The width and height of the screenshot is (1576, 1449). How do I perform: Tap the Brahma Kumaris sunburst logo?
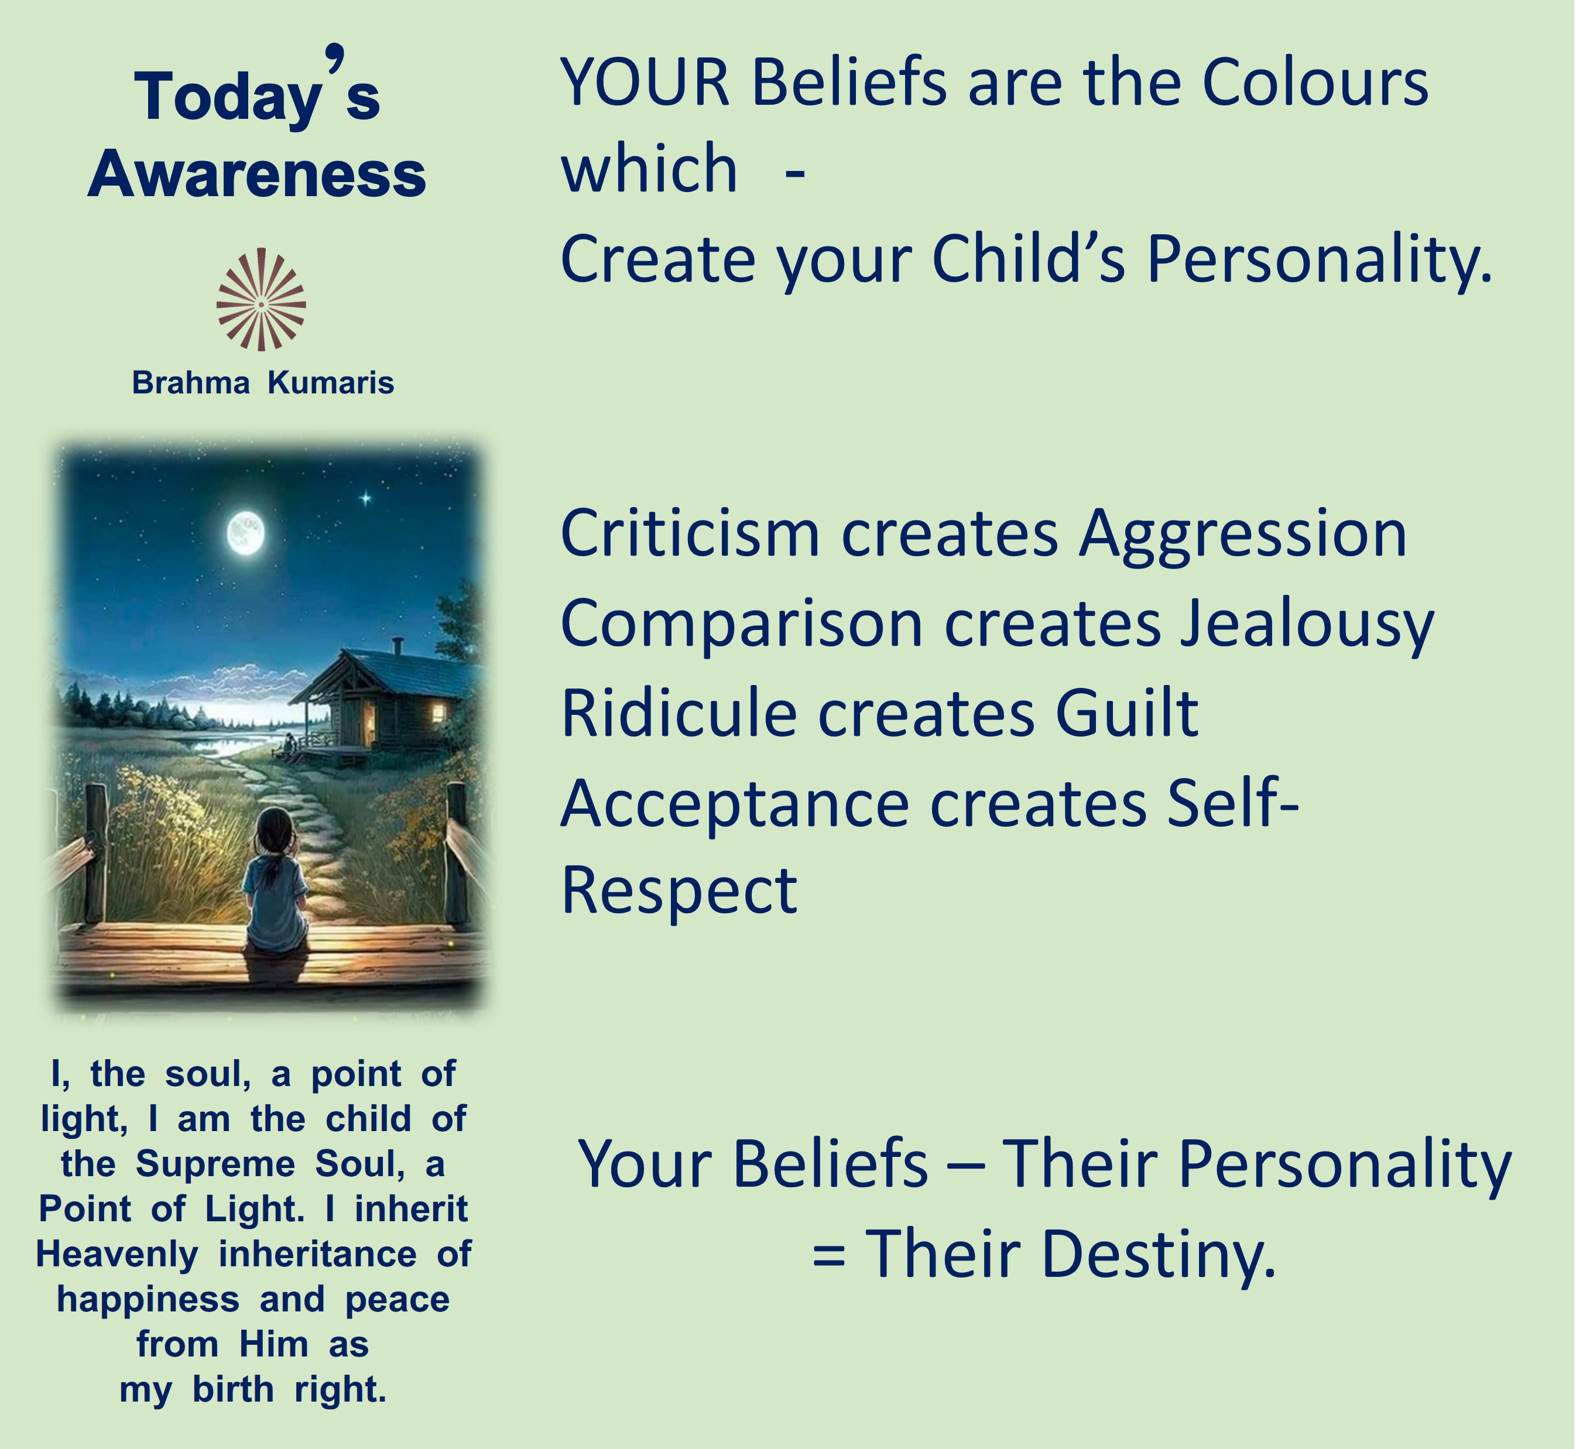261,300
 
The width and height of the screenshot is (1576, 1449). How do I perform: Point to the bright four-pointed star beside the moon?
365,498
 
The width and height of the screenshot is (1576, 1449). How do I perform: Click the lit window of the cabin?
437,712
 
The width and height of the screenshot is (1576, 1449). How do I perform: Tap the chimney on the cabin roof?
398,645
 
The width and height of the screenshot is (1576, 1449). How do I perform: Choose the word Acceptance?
735,805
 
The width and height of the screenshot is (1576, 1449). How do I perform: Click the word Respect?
679,893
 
